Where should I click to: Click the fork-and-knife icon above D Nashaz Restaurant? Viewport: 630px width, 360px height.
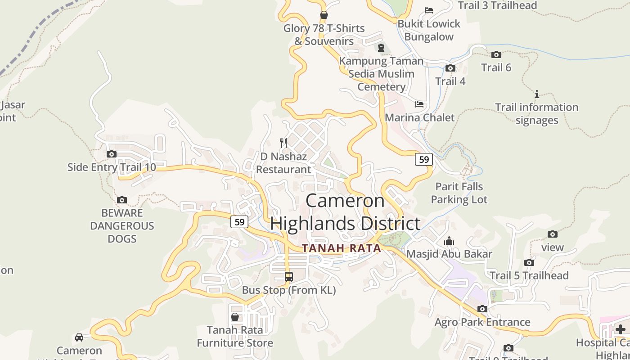283,143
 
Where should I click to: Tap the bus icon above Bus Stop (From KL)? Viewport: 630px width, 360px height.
289,277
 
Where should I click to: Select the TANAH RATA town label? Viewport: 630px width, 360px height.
342,248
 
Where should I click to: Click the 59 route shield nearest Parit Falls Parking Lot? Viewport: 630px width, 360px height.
423,159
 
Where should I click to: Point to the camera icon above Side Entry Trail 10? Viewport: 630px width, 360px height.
112,154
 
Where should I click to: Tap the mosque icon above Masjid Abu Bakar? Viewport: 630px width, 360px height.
449,241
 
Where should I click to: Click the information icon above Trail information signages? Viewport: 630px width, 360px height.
536,94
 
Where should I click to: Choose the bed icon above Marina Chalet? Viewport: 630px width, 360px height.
419,104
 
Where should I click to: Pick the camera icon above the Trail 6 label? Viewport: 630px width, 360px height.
496,55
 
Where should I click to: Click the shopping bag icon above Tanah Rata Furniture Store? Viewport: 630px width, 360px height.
234,317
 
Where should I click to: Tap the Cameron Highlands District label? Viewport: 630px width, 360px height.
345,212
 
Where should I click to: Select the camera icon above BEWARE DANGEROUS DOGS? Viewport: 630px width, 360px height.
121,200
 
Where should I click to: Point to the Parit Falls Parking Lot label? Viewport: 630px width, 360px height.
459,193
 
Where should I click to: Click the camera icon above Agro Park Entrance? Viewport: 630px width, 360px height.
482,309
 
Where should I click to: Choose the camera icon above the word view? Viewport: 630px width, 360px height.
553,234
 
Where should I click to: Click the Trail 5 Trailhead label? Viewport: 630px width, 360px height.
529,275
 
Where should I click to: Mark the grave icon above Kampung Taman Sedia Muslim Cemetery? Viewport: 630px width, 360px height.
381,48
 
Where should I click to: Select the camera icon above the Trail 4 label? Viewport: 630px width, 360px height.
450,68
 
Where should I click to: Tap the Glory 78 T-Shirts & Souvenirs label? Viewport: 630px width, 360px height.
324,35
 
